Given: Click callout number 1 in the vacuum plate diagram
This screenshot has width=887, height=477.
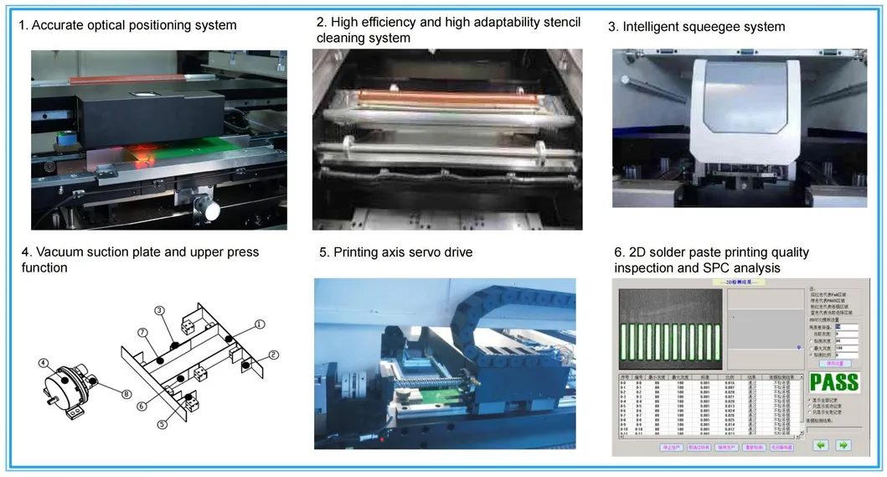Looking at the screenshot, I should point(260,324).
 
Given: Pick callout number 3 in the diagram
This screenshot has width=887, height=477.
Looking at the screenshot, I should point(159,310).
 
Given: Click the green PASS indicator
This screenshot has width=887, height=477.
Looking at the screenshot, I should point(833,383).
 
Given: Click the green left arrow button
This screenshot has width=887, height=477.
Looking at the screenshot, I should point(822,445).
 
